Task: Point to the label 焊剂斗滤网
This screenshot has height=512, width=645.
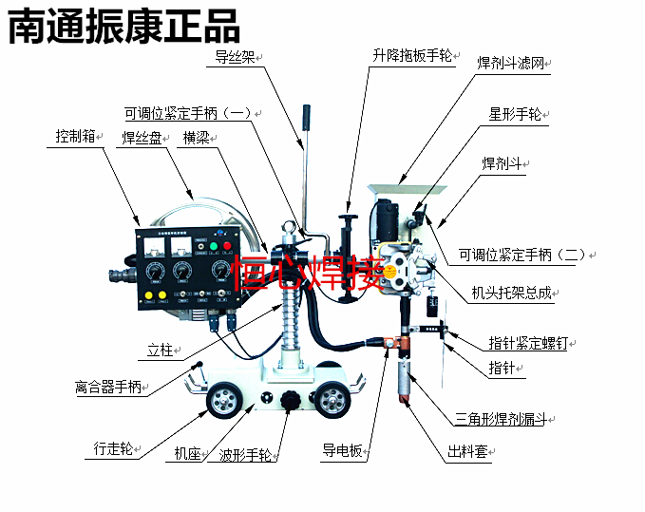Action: pyautogui.click(x=514, y=64)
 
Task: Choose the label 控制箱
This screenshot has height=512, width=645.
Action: pyautogui.click(x=75, y=136)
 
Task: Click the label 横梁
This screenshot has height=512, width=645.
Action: pyautogui.click(x=196, y=138)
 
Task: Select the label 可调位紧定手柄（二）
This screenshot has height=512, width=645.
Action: pyautogui.click(x=522, y=255)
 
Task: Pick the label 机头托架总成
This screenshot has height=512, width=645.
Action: pyautogui.click(x=511, y=293)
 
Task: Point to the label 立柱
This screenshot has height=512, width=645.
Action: pyautogui.click(x=161, y=351)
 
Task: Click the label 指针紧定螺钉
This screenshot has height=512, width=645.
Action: pyautogui.click(x=527, y=342)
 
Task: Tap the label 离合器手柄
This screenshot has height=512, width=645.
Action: pyautogui.click(x=108, y=388)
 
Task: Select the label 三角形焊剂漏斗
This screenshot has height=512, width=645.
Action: pyautogui.click(x=499, y=419)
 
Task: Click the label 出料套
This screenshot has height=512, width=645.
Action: pyautogui.click(x=466, y=452)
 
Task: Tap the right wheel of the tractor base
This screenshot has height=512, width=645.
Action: pyautogui.click(x=332, y=401)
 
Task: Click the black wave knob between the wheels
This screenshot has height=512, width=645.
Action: pyautogui.click(x=289, y=403)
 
